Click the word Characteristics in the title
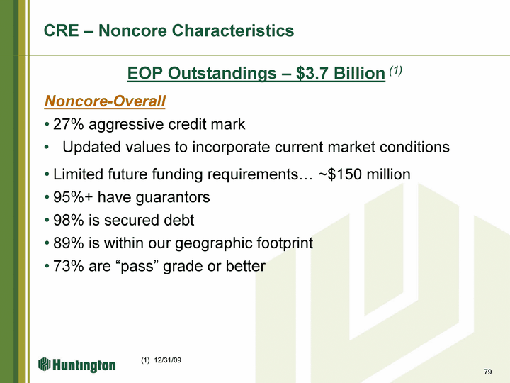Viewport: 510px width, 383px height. tap(232, 30)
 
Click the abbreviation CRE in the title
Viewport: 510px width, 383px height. tap(62, 30)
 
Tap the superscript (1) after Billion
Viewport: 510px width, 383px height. tap(395, 70)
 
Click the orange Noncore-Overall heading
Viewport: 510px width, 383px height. tap(105, 101)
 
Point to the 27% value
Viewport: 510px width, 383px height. tap(68, 124)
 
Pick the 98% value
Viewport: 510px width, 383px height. tap(68, 220)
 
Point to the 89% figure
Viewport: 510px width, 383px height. tap(68, 243)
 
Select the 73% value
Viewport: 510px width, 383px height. tap(68, 266)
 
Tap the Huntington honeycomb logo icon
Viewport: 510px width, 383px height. tap(45, 364)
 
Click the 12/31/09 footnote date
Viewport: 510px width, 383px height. tap(167, 360)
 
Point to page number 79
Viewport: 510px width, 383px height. tap(488, 372)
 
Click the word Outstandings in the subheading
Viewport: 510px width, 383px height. tap(222, 73)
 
